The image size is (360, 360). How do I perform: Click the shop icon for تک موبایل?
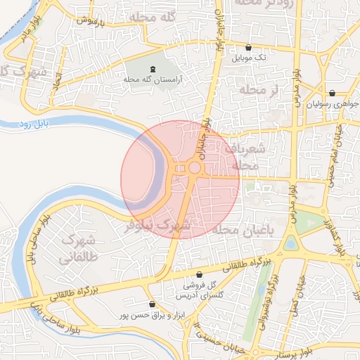coord(248,48)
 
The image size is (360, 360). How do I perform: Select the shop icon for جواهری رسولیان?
coord(331,93)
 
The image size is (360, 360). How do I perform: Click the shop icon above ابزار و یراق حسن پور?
coord(152,304)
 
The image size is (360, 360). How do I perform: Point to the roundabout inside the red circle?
coord(193,167)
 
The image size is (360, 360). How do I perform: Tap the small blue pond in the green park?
coord(290,243)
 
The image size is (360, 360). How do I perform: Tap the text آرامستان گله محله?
coord(153,80)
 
